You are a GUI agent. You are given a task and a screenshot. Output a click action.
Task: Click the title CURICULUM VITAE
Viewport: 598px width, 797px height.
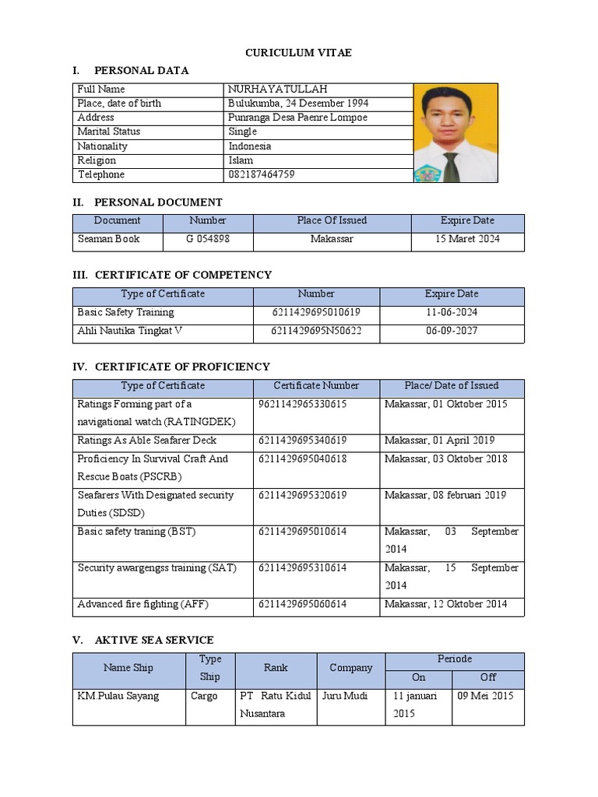click(x=299, y=52)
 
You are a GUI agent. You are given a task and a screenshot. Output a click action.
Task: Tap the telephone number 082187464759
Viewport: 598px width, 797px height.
click(x=262, y=174)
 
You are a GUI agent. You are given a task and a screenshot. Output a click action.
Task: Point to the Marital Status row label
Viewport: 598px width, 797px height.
click(x=108, y=132)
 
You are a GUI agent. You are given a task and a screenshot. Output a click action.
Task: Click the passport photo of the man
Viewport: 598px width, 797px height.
click(x=456, y=132)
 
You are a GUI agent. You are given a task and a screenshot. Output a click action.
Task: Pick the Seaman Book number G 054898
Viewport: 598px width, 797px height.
click(x=207, y=239)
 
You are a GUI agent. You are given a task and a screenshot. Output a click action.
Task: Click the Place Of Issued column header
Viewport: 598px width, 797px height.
click(x=332, y=220)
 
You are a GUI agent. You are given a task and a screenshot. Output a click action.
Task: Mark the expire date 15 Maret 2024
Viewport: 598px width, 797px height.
click(x=467, y=239)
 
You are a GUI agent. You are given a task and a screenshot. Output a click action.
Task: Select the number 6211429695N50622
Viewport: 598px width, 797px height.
click(x=316, y=331)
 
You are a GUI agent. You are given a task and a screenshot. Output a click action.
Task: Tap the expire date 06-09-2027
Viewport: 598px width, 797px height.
click(x=452, y=331)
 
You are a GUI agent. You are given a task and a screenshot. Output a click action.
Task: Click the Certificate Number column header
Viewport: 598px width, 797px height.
click(x=316, y=385)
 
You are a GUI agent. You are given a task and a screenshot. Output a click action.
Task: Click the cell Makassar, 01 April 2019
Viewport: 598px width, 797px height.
click(x=439, y=441)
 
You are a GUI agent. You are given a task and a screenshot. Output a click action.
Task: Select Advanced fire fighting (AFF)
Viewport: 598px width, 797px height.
click(x=143, y=604)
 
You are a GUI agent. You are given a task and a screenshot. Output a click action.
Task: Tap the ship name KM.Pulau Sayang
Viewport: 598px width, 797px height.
click(x=118, y=696)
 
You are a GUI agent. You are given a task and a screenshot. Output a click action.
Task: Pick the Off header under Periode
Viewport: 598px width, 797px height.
click(x=488, y=677)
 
